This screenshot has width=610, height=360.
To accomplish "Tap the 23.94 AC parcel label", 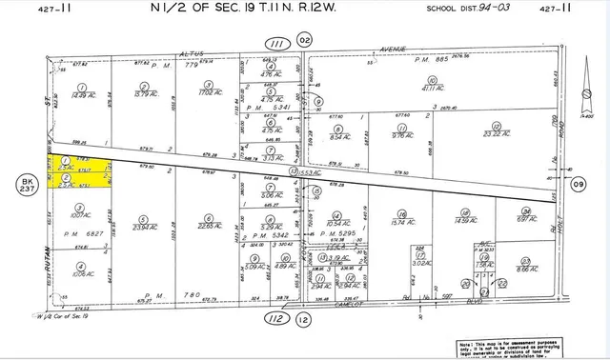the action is coord(145,227).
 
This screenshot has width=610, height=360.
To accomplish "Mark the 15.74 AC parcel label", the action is coord(403,223).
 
